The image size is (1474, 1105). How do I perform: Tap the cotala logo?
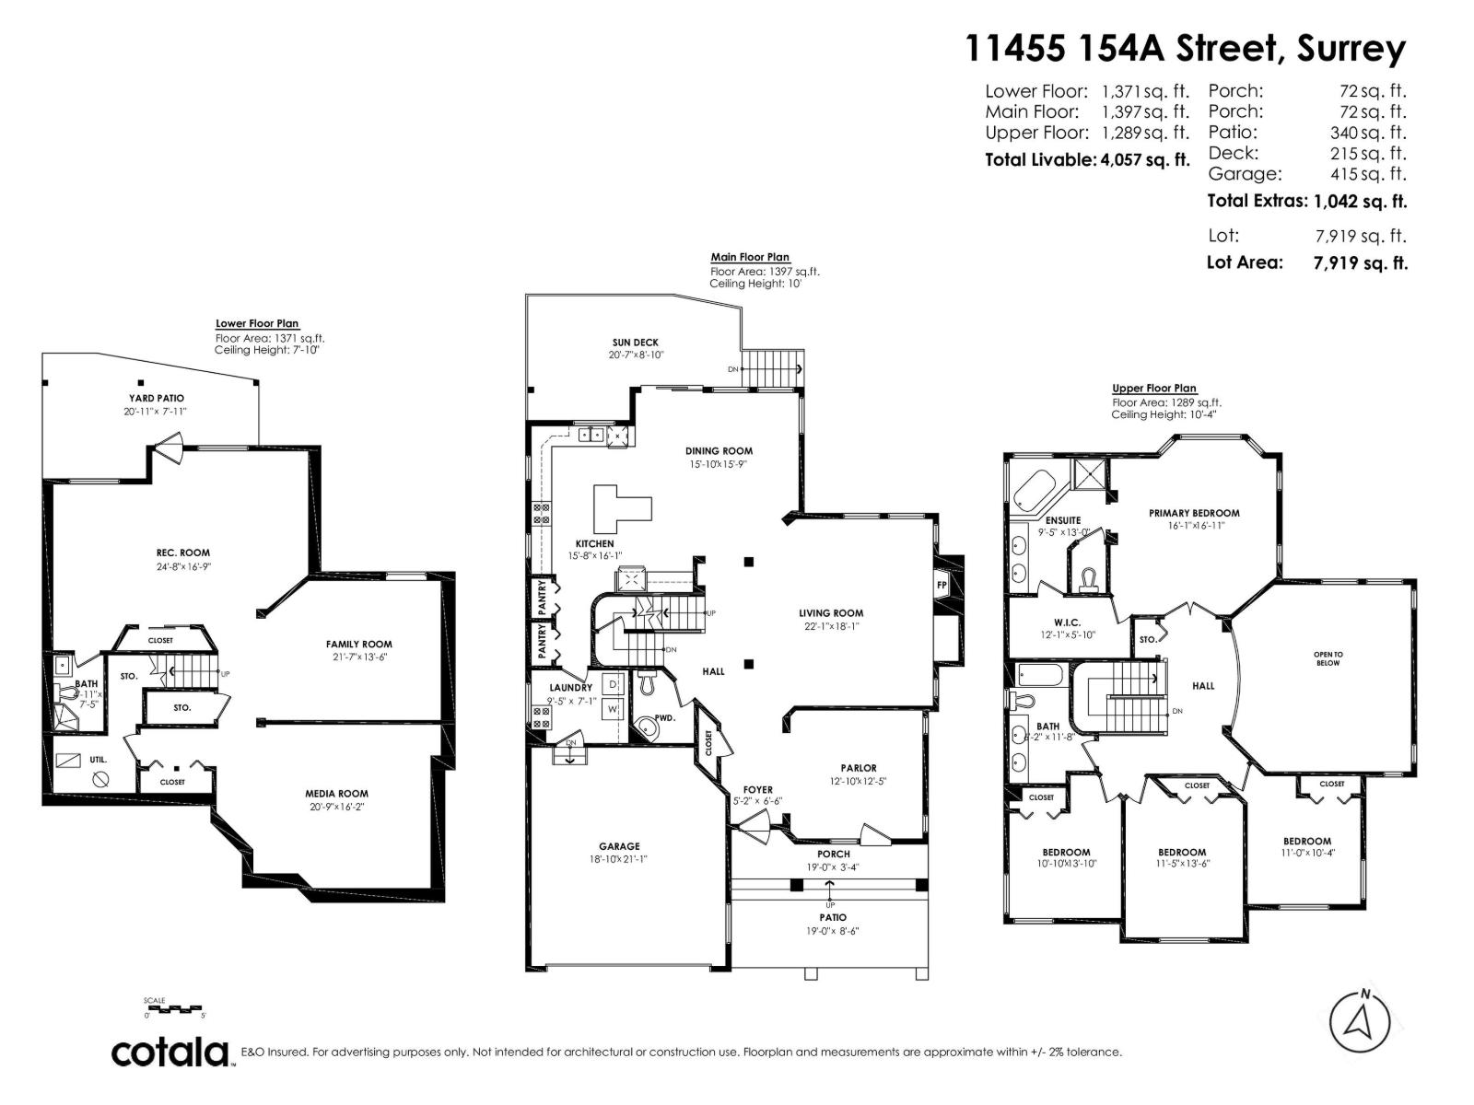click(x=170, y=1053)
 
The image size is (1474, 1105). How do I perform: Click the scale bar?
click(x=174, y=1009)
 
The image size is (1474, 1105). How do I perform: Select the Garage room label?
click(x=619, y=846)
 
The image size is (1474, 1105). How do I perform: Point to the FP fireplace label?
click(x=942, y=585)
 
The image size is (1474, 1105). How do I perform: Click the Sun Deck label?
click(x=636, y=343)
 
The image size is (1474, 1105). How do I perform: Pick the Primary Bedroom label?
click(x=1194, y=513)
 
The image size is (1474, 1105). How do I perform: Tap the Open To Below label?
click(x=1328, y=658)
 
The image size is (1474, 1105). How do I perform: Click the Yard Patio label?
click(x=156, y=399)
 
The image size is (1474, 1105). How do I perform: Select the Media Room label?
click(x=336, y=793)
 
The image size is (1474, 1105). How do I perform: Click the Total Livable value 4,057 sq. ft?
click(x=1145, y=160)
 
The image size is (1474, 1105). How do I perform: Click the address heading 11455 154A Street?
click(x=1185, y=48)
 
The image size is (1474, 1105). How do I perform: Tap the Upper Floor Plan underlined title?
click(x=1153, y=389)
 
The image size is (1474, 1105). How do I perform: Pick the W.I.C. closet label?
click(x=1067, y=622)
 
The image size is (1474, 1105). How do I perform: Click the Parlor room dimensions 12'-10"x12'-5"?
click(x=859, y=782)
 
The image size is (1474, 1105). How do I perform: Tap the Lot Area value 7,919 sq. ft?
click(x=1360, y=263)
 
